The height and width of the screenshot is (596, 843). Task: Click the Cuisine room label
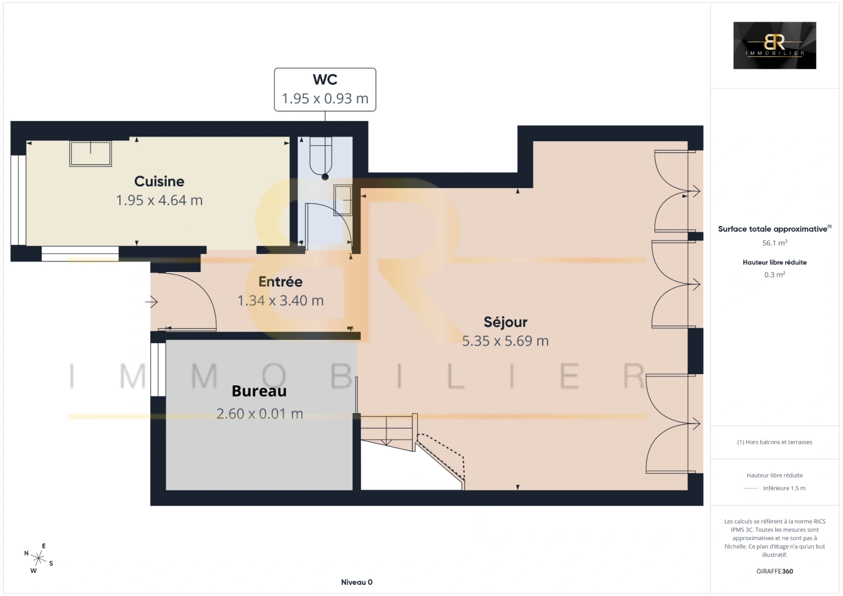(159, 182)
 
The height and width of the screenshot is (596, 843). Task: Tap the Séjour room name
(506, 322)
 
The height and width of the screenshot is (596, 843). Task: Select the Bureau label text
(259, 391)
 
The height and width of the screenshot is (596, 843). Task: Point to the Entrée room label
(280, 281)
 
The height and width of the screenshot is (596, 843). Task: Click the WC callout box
(325, 89)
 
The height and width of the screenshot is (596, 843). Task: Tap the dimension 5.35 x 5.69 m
(506, 341)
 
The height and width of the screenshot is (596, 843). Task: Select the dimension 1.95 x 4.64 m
(159, 200)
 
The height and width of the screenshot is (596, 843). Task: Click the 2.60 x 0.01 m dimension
(259, 414)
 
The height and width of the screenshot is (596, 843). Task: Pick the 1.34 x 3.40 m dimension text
(280, 301)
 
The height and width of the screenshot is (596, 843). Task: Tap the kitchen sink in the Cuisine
(91, 153)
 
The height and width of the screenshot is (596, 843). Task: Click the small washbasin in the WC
(343, 200)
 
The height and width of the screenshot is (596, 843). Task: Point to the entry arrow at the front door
(151, 302)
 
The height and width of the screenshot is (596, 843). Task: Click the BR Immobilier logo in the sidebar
(775, 45)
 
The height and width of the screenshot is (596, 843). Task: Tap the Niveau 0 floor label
(357, 582)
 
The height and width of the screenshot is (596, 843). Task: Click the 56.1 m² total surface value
(775, 243)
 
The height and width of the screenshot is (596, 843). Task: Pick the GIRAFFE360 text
(775, 571)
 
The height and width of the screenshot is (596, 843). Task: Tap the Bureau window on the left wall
(158, 369)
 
